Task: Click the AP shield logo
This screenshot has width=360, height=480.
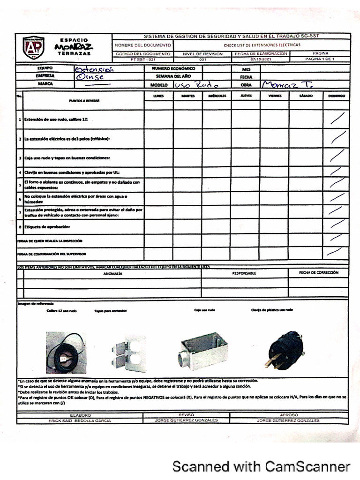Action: [34, 47]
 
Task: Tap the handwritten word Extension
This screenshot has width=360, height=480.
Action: [94, 69]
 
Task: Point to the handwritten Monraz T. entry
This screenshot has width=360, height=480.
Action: [287, 85]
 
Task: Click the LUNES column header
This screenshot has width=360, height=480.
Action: [158, 96]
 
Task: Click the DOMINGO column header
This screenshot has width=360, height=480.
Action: [337, 96]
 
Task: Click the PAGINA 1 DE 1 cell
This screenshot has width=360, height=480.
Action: [320, 60]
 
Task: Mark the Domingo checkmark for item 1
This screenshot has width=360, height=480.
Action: [338, 119]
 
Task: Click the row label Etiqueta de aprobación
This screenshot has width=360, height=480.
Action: [47, 227]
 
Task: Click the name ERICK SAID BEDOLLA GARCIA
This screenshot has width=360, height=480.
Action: [80, 421]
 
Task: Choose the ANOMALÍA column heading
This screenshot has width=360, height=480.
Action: [112, 273]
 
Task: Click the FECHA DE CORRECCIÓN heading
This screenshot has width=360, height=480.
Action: [319, 272]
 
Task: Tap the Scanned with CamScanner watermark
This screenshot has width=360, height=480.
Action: [261, 466]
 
